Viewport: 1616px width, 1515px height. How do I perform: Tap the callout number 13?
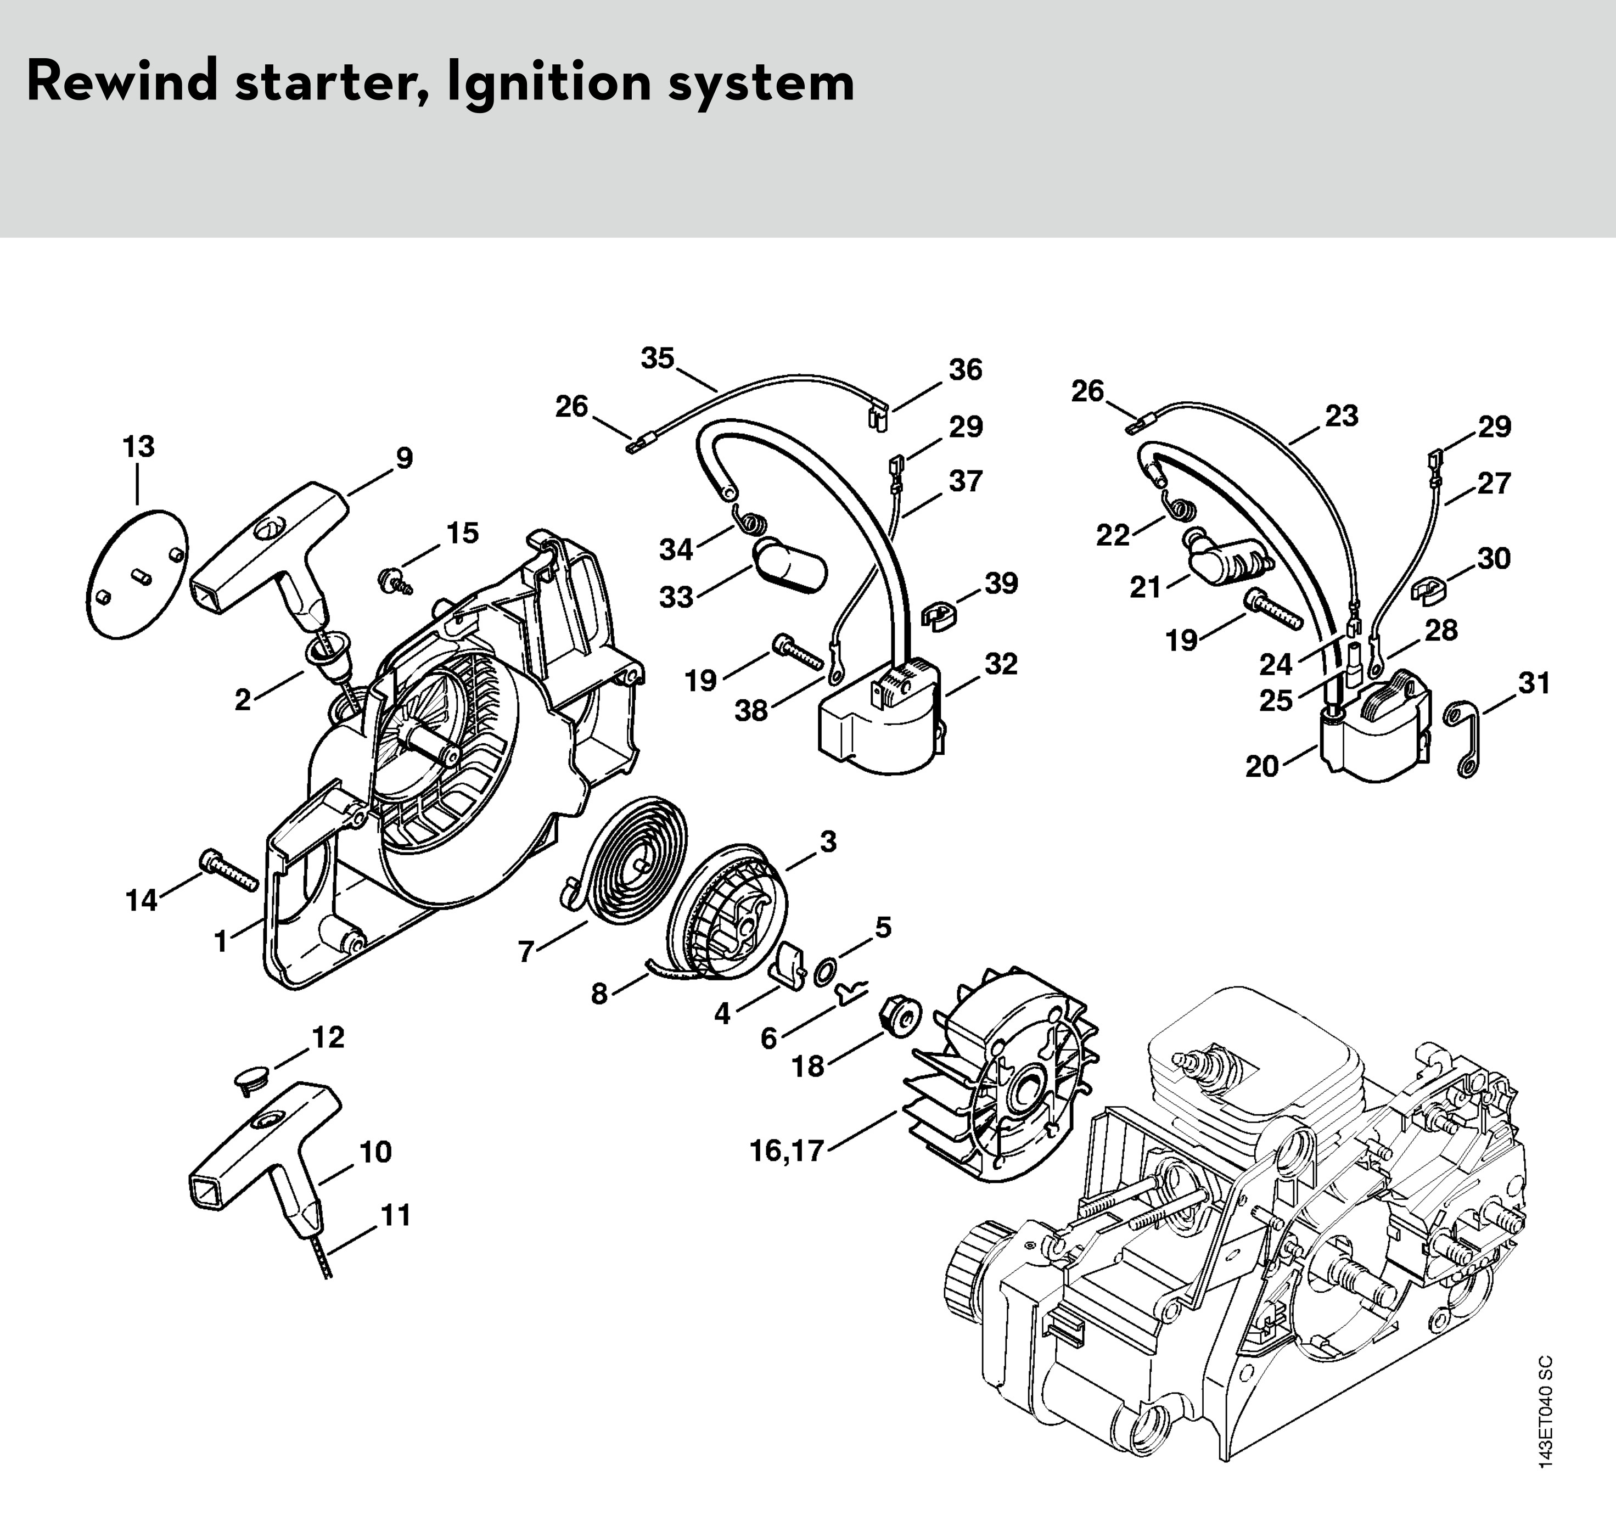pos(138,447)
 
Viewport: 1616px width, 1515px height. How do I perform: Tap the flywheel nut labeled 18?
pos(898,1014)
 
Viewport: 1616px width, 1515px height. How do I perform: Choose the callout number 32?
pos(1001,665)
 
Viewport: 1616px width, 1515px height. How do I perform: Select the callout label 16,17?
pos(786,1151)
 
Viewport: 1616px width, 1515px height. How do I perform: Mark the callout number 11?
pos(396,1215)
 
